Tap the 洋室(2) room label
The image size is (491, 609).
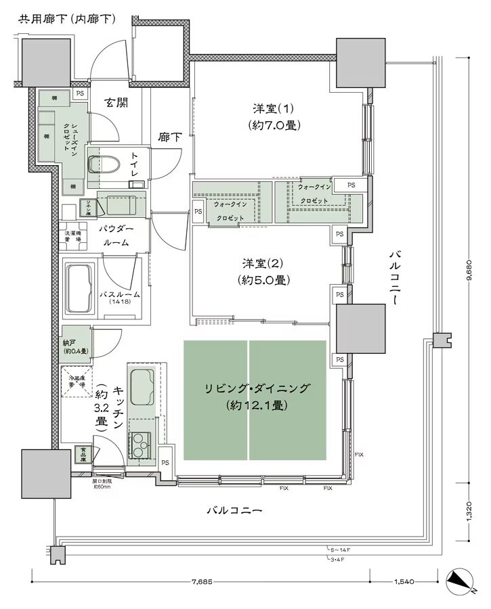tap(264, 271)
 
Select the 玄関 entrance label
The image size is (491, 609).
tap(116, 103)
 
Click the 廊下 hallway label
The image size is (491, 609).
tap(170, 137)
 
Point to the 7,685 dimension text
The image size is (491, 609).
tap(201, 581)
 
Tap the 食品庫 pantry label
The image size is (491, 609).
tap(81, 454)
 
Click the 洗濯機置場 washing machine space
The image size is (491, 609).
tap(72, 236)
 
